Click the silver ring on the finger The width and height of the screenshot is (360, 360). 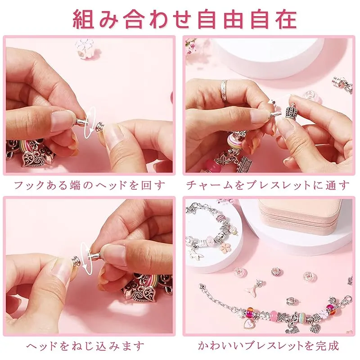coord(224,89)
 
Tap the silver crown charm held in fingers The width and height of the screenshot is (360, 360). coord(291,110)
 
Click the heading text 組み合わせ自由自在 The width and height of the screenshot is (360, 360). coord(185,19)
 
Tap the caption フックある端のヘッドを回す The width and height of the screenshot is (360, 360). coord(90,185)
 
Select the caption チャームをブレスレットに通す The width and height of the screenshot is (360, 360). coord(267,185)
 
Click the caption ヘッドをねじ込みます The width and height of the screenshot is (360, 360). coord(85,346)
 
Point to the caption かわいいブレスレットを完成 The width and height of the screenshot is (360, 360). coord(268,346)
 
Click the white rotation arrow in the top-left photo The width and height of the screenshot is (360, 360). coord(89,122)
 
